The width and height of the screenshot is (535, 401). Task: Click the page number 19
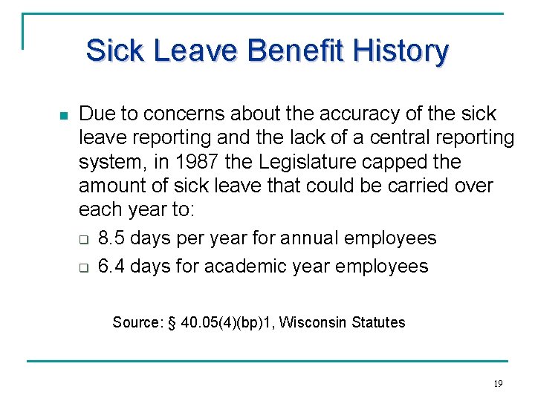point(498,384)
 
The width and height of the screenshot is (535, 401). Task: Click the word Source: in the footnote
point(137,322)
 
